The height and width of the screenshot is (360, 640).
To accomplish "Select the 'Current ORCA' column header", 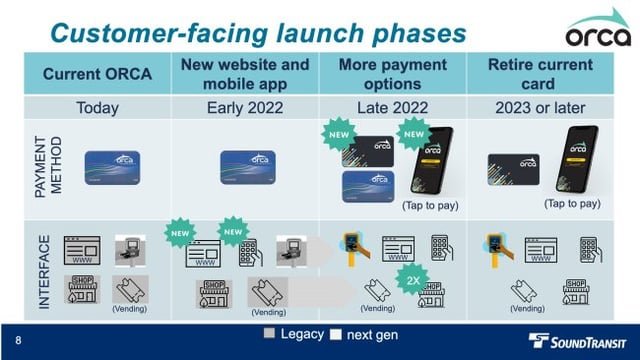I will pyautogui.click(x=98, y=75).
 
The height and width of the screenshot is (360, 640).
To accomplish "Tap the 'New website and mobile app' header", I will pyautogui.click(x=246, y=75).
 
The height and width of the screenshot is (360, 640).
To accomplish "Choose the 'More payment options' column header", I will pyautogui.click(x=393, y=75).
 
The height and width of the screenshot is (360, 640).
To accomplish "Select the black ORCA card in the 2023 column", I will pyautogui.click(x=512, y=167).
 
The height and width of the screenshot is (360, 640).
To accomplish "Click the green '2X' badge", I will pyautogui.click(x=413, y=280).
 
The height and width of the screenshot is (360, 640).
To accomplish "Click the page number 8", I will pyautogui.click(x=19, y=339).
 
